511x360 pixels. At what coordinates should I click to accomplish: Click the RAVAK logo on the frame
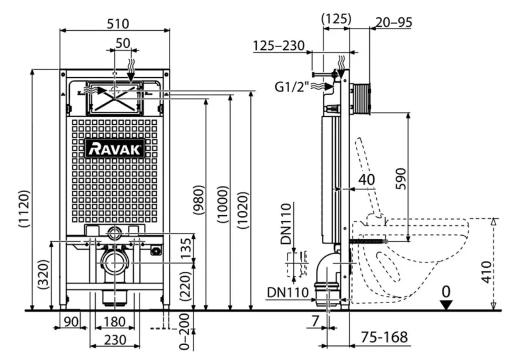click(x=115, y=149)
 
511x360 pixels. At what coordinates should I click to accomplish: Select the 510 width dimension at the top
click(x=118, y=24)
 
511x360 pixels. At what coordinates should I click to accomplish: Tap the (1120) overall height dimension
click(x=24, y=208)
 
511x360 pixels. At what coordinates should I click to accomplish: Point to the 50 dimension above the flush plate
click(x=123, y=43)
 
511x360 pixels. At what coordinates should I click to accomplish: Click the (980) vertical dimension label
click(x=198, y=200)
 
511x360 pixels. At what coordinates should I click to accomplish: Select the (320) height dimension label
click(x=44, y=275)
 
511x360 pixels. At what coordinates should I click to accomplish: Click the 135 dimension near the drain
click(x=186, y=249)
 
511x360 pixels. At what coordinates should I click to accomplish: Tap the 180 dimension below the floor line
click(x=114, y=322)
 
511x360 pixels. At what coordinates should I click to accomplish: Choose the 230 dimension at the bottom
click(x=115, y=340)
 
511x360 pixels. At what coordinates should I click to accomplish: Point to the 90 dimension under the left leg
click(x=71, y=322)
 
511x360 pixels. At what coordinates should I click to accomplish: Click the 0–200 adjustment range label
click(x=185, y=331)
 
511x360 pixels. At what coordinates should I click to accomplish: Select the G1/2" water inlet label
click(x=292, y=87)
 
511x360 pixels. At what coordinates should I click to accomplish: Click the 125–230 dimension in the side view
click(x=279, y=46)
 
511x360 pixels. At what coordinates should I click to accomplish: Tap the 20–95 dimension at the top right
click(x=393, y=23)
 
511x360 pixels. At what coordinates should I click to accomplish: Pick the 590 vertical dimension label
click(x=401, y=178)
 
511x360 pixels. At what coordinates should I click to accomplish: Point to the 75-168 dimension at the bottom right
click(x=384, y=337)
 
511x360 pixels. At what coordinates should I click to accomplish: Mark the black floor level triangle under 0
click(x=445, y=305)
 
